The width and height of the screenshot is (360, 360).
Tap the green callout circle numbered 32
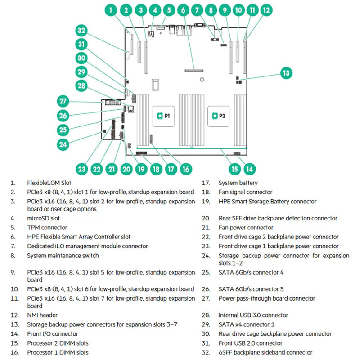pos(81,31)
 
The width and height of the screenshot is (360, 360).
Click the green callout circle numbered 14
pos(250,169)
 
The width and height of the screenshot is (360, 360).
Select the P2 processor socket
pos(218,116)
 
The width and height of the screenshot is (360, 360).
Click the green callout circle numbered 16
pos(185,169)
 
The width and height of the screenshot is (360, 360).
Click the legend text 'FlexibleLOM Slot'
pos(49,183)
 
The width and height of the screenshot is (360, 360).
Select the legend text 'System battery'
pos(238,183)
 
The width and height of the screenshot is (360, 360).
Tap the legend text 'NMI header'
pos(42,315)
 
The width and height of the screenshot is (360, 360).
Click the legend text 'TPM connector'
pos(47,228)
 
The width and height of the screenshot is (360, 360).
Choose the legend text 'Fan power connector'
pos(246,228)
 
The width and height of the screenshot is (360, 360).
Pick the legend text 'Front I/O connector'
pos(52,334)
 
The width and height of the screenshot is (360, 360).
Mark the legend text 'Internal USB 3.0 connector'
pos(254,315)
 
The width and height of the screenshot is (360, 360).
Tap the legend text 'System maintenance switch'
pos(63,256)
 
